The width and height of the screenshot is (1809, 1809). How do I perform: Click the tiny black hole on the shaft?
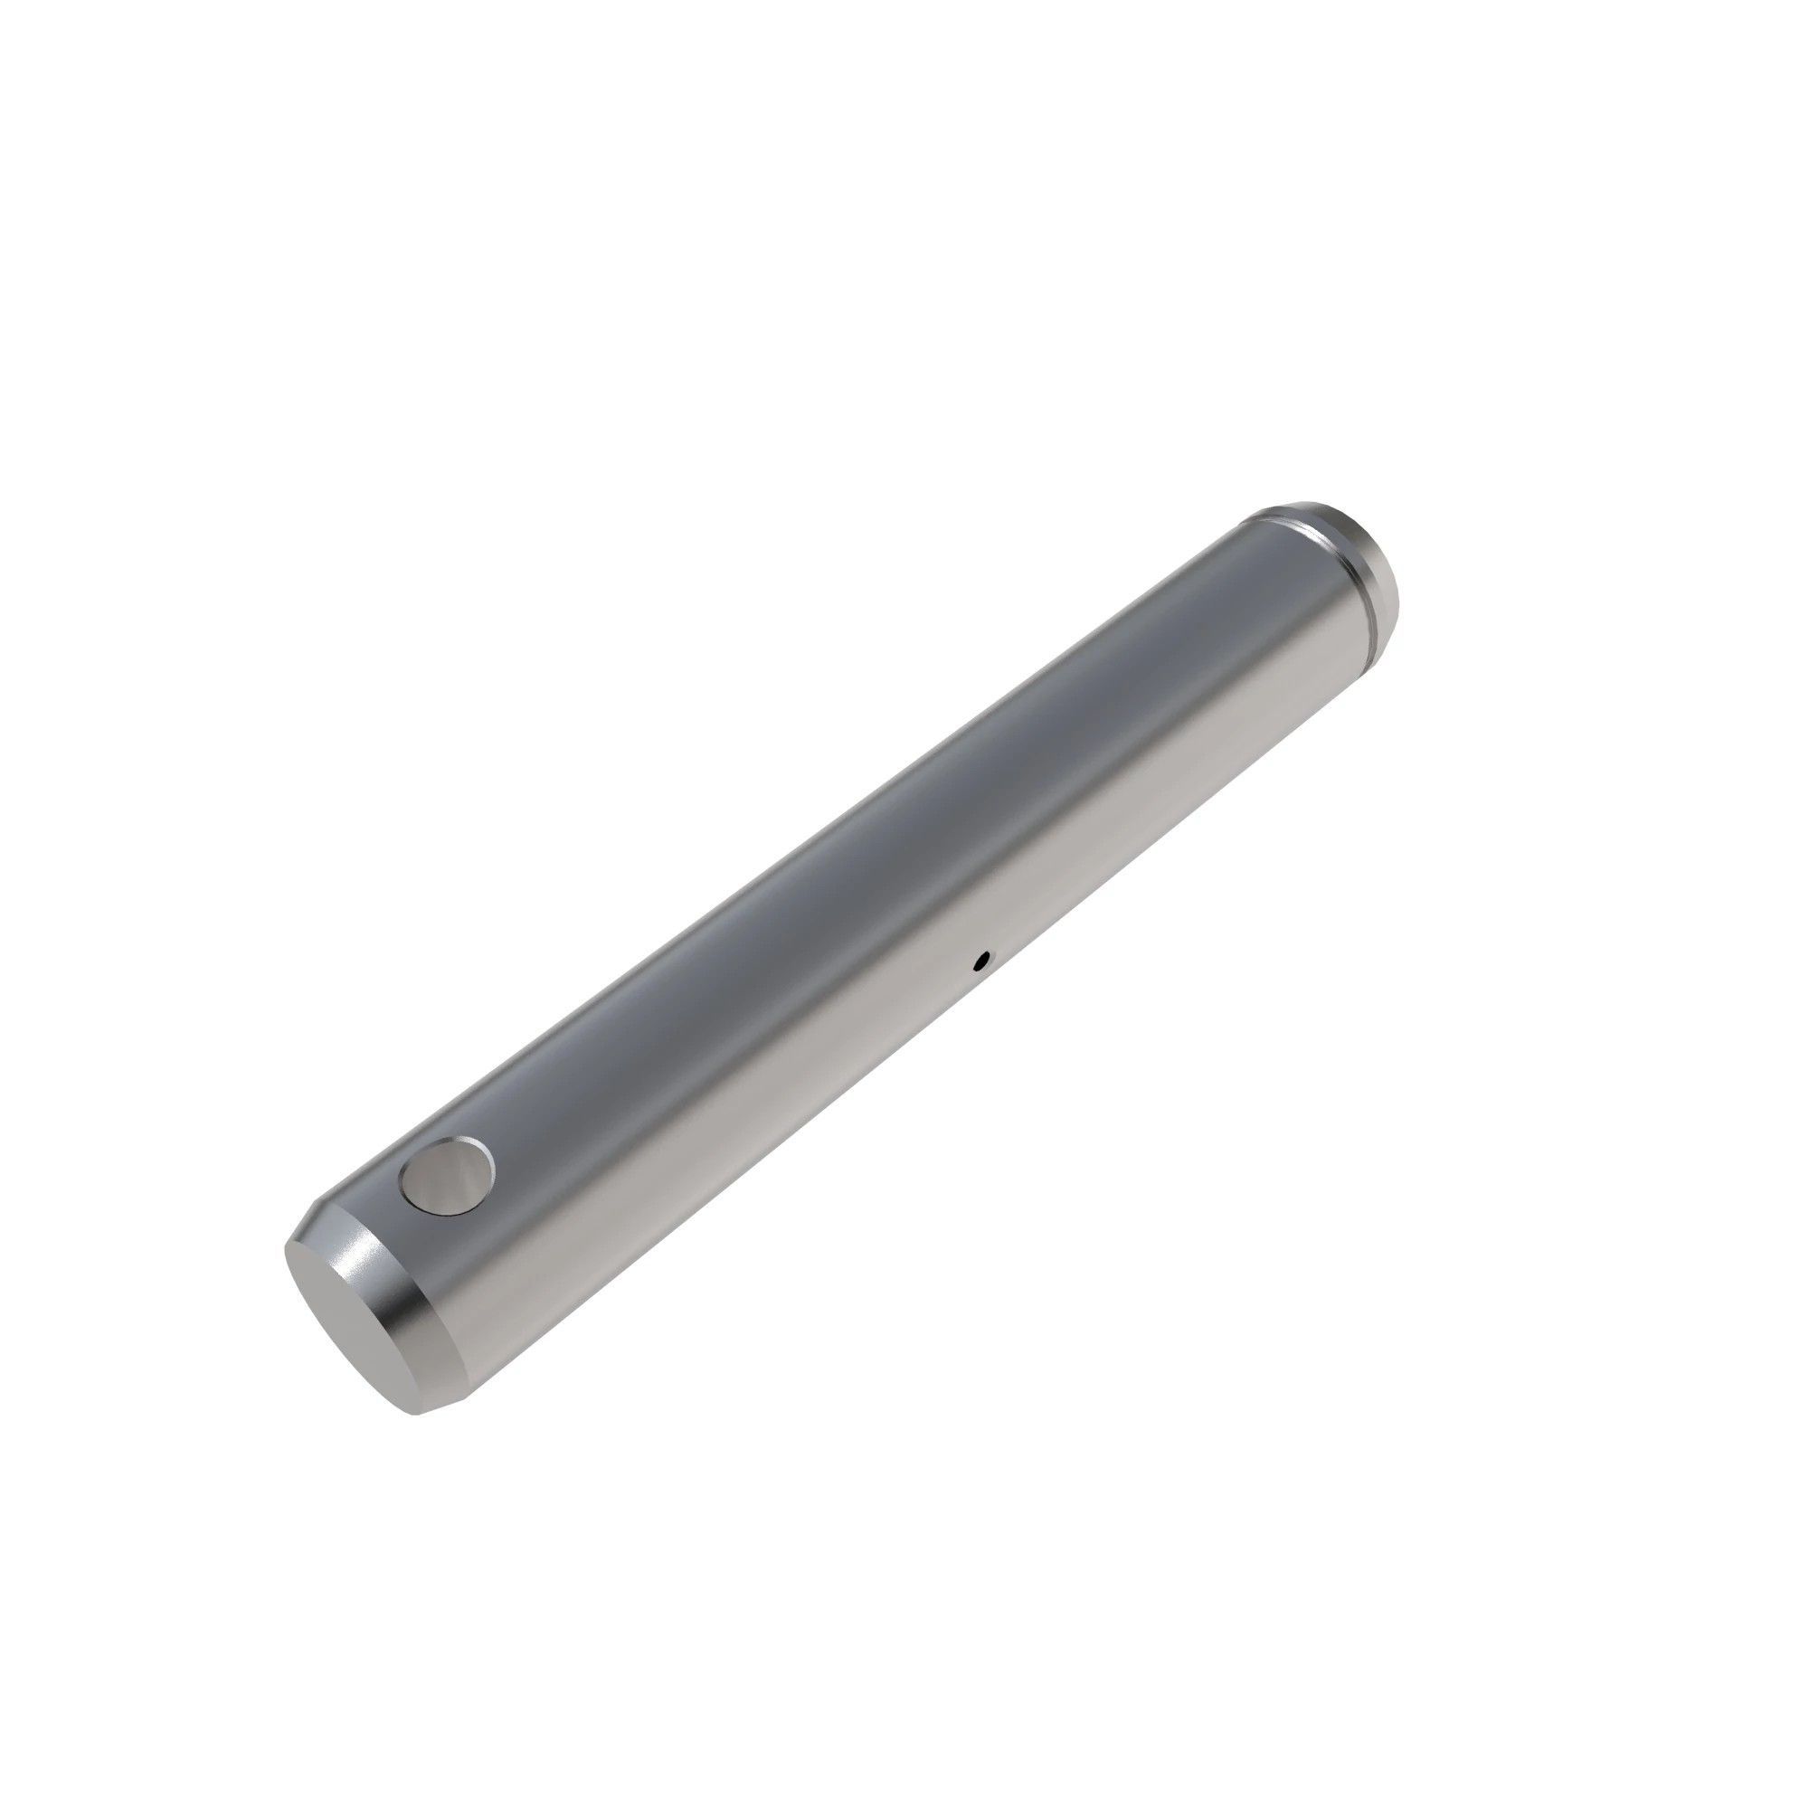coord(980,959)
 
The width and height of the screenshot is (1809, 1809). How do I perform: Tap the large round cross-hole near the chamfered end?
coord(447,1177)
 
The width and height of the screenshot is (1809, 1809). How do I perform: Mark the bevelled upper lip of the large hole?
coord(440,1143)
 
